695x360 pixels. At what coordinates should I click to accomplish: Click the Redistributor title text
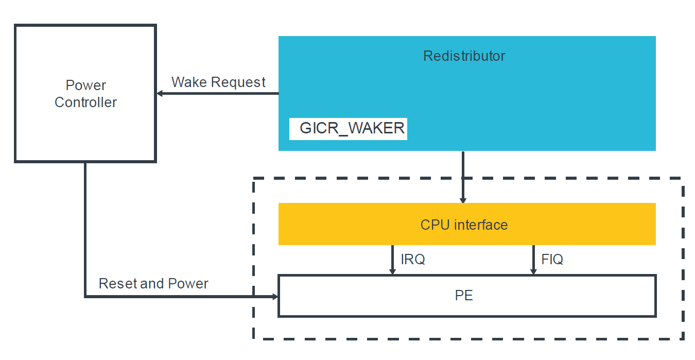point(464,56)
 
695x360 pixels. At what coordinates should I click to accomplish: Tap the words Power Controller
point(85,94)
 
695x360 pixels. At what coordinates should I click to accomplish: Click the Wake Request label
point(218,82)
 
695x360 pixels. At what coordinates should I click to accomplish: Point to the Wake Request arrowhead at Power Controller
point(160,93)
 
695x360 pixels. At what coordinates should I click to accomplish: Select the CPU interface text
point(464,225)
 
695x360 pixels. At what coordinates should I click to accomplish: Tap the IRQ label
point(412,260)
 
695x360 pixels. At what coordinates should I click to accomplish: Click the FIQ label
point(552,260)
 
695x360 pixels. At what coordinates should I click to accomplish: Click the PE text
point(464,296)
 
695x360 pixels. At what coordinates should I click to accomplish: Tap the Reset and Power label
point(153,284)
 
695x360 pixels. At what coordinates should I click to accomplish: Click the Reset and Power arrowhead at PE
point(274,297)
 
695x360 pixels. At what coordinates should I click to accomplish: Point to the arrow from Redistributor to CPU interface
point(463,178)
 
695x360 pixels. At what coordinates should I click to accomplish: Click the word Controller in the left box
point(85,102)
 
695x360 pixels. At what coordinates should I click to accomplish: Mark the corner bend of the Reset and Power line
point(85,297)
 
